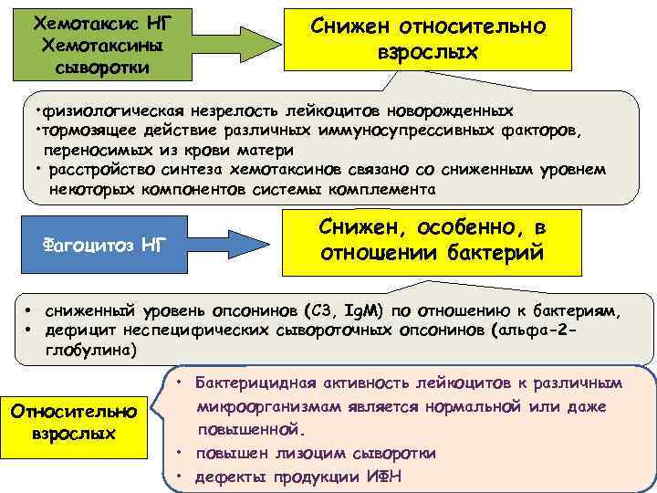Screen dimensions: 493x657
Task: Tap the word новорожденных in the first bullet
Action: point(480,111)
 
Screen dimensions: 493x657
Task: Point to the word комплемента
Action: point(375,190)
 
